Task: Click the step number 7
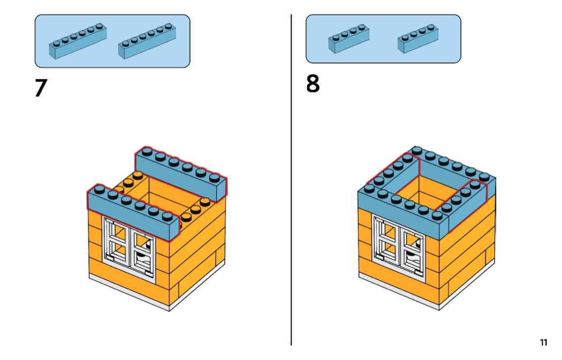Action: point(41,88)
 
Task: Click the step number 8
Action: point(313,85)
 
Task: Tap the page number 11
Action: point(543,342)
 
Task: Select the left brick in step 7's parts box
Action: point(78,42)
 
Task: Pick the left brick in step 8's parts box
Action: point(349,40)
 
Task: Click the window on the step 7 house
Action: point(130,247)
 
